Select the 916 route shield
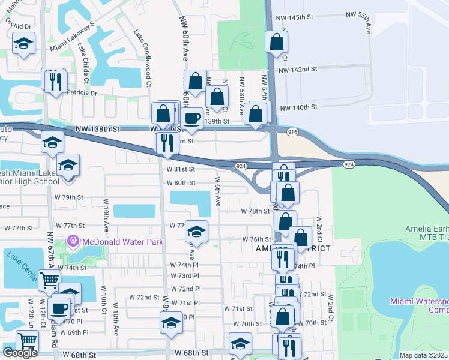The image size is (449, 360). (x=292, y=131)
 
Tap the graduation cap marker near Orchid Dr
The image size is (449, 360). (x=24, y=43)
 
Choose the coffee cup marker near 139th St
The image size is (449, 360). (x=192, y=118)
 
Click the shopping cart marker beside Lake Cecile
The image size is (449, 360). (x=49, y=280)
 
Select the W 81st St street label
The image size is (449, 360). (x=181, y=170)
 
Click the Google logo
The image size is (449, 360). (x=20, y=353)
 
